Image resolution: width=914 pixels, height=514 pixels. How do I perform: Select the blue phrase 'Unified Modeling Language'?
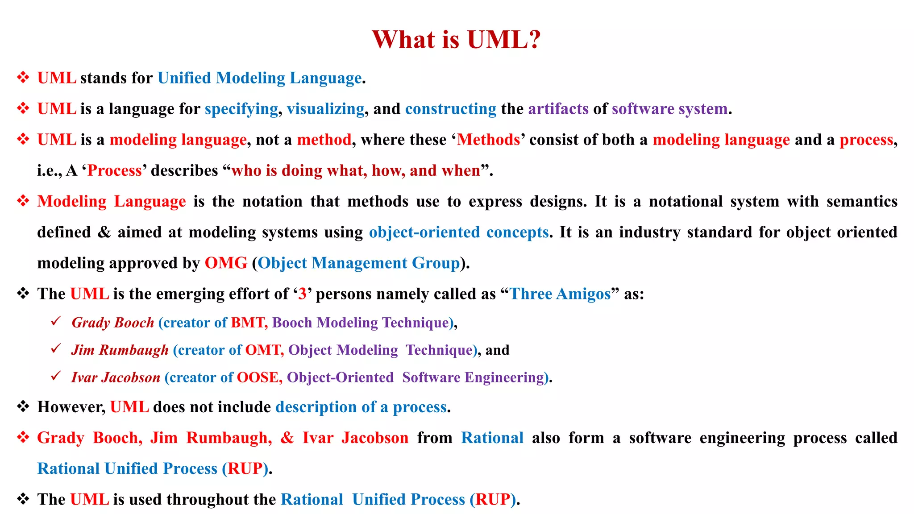point(259,78)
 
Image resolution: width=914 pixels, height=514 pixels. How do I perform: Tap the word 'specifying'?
point(241,109)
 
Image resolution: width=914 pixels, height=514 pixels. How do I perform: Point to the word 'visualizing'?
point(325,109)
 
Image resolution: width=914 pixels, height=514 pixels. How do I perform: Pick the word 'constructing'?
point(450,109)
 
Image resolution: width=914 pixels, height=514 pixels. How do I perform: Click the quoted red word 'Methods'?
point(488,140)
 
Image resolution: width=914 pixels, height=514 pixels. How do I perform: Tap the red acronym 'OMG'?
point(226,263)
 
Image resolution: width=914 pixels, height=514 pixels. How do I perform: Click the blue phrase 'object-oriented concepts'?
point(458,232)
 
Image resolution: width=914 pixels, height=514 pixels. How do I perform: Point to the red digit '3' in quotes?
point(302,294)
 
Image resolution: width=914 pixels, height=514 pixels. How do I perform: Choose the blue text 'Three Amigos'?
point(560,294)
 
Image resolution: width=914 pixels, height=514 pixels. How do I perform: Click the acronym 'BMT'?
point(247,322)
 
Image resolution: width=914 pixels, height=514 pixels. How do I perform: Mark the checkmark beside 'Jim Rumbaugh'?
point(56,348)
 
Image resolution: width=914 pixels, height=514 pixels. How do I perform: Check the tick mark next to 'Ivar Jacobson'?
point(56,376)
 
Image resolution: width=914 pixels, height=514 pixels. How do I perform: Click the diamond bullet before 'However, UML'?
point(23,406)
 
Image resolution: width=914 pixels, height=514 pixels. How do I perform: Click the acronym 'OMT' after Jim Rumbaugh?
point(262,350)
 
